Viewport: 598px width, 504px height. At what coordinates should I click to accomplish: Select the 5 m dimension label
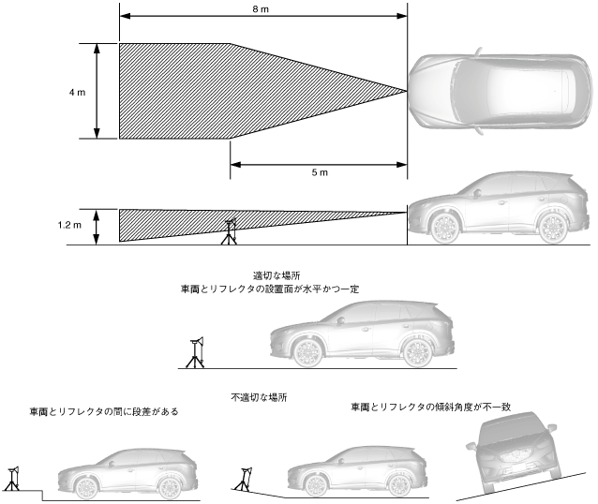click(x=320, y=173)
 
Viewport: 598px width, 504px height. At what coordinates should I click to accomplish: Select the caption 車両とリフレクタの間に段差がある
click(x=103, y=411)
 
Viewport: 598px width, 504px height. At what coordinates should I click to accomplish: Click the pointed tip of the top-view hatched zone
click(x=406, y=91)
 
